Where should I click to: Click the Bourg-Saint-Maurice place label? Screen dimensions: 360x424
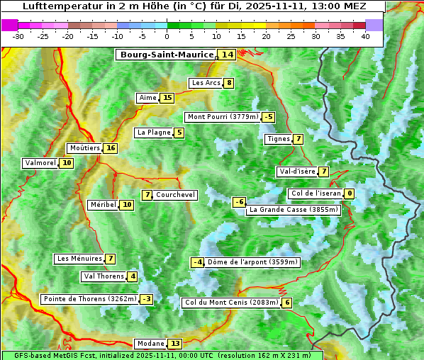click(167, 55)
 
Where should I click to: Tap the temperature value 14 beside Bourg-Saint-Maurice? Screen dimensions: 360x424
click(227, 55)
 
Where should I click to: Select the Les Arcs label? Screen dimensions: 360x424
click(206, 83)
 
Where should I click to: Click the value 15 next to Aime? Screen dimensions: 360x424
click(167, 98)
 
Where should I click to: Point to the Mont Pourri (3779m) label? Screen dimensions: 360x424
click(222, 117)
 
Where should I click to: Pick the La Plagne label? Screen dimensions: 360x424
click(154, 133)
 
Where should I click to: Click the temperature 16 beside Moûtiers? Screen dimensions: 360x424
click(110, 148)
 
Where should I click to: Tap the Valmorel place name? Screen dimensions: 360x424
click(40, 163)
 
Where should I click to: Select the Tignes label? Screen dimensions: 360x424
click(278, 139)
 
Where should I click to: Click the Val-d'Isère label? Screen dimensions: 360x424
click(297, 171)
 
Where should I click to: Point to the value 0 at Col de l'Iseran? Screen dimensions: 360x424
click(349, 193)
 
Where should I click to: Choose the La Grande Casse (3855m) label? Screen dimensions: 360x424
click(294, 210)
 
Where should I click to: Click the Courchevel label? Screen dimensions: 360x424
click(175, 195)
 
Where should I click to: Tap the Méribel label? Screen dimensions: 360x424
click(103, 205)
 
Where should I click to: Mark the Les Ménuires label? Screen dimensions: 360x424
click(79, 259)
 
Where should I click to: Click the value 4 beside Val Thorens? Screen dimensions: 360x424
click(133, 276)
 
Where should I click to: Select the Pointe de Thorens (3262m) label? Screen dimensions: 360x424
click(89, 299)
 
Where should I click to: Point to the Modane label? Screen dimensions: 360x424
click(150, 344)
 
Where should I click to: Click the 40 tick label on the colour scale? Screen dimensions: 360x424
click(365, 36)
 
